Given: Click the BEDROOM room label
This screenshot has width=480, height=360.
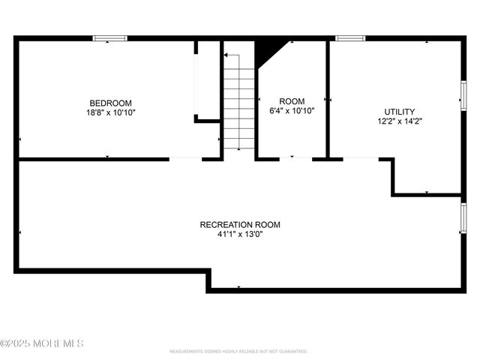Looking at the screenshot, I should point(111,103).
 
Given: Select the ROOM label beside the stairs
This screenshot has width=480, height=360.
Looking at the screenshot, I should point(292,101).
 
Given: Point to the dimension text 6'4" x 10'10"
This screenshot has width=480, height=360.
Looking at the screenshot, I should point(292,110).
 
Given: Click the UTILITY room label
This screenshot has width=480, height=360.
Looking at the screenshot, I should point(398,111).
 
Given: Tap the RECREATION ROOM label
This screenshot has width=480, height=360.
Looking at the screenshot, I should point(240,224).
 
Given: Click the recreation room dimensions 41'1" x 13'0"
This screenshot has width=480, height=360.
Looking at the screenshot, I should point(240,233).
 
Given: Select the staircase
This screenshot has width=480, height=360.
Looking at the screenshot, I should point(240,105).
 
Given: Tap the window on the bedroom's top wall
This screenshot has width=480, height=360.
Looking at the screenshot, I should point(109,38).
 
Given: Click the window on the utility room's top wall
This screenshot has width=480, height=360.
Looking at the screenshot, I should point(349,38).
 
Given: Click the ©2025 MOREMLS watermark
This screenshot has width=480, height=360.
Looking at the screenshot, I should point(42,343).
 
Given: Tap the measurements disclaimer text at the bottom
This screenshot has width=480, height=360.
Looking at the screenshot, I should point(238,351).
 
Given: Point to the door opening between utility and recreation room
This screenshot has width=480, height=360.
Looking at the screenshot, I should point(361,158).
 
